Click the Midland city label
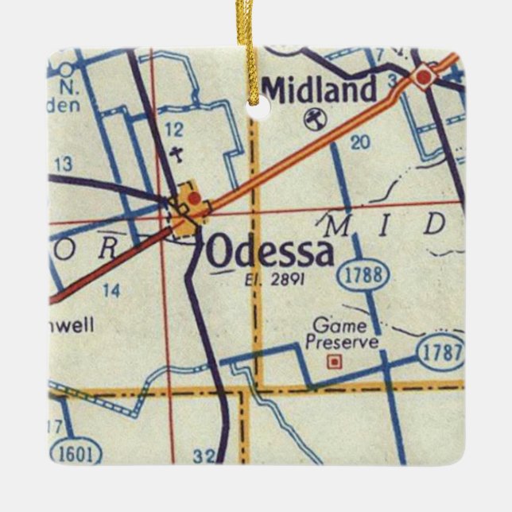click(319, 90)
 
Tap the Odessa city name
click(270, 253)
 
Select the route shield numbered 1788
click(367, 276)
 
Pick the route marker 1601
click(76, 454)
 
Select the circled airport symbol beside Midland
click(312, 119)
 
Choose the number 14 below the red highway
click(111, 290)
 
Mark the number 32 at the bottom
click(204, 456)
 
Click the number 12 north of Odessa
click(175, 129)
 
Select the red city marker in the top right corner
click(425, 76)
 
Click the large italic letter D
click(434, 225)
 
